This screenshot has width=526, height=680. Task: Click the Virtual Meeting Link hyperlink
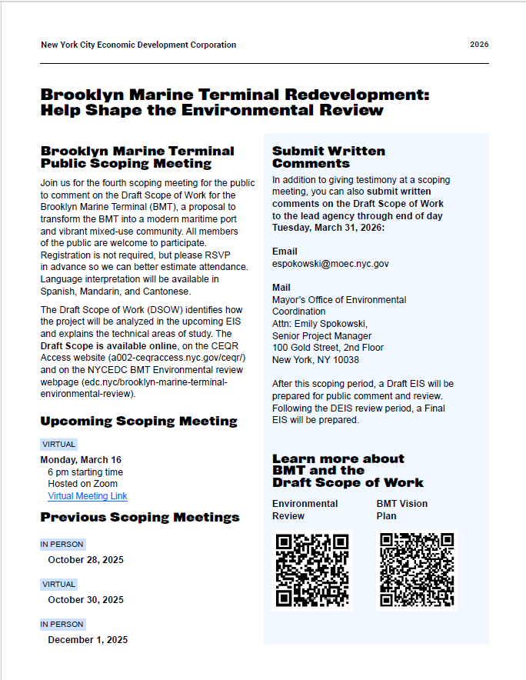87,496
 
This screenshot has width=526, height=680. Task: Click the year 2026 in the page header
479,45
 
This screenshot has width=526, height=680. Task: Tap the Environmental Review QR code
311,570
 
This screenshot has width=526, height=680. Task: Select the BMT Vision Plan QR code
416,570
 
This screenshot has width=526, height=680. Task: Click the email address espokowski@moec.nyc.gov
330,263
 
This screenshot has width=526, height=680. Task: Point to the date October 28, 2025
85,560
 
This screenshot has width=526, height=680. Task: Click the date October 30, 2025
85,600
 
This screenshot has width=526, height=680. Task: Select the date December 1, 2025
88,640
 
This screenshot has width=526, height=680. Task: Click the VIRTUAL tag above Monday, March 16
58,445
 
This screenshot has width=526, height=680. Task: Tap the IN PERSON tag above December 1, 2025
62,624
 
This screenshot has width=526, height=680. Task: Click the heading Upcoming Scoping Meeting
138,422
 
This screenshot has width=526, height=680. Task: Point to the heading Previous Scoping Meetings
140,518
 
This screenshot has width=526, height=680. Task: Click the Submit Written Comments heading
328,157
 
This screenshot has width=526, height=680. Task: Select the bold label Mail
281,288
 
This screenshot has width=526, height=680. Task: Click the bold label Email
285,252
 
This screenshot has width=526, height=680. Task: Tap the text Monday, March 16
81,460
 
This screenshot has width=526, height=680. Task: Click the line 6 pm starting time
85,472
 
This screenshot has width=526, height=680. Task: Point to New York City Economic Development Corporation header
138,45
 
